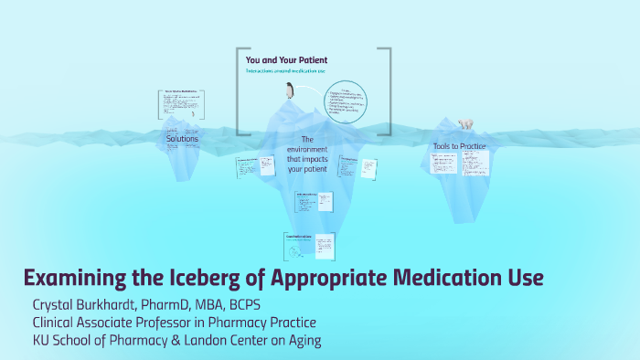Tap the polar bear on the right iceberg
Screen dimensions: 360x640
point(466,123)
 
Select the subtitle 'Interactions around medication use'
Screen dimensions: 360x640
point(287,71)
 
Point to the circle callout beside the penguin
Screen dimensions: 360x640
point(345,102)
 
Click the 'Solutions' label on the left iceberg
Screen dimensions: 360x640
point(182,138)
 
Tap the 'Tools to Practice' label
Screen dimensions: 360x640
point(459,146)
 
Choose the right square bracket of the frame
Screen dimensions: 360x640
point(388,90)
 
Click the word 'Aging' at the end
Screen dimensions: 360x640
point(300,341)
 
